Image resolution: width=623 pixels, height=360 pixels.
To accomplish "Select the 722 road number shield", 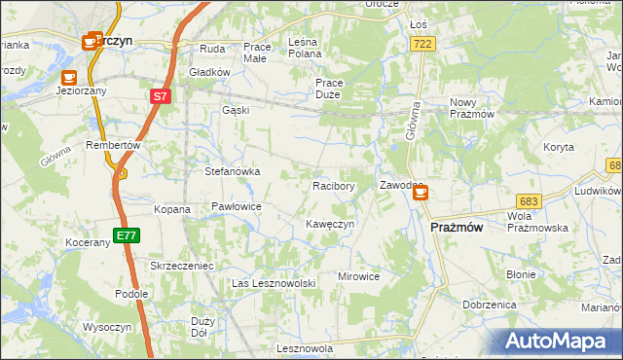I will click(422, 45).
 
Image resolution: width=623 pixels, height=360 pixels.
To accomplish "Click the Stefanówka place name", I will click(232, 171).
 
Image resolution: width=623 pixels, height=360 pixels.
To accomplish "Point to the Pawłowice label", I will click(237, 207).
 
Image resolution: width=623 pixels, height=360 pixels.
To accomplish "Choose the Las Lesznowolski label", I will click(275, 283).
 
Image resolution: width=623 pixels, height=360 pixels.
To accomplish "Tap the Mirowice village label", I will click(358, 276).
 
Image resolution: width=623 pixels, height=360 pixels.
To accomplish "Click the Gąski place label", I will click(236, 110).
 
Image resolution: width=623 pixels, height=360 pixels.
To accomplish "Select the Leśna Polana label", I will click(312, 49).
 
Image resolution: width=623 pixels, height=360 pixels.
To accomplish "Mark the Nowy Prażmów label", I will click(474, 108).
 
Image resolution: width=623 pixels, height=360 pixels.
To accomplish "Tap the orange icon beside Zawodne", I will click(420, 193).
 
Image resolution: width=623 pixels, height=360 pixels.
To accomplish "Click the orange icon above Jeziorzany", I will click(68, 76).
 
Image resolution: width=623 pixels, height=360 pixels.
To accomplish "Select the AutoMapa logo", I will click(557, 342).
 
